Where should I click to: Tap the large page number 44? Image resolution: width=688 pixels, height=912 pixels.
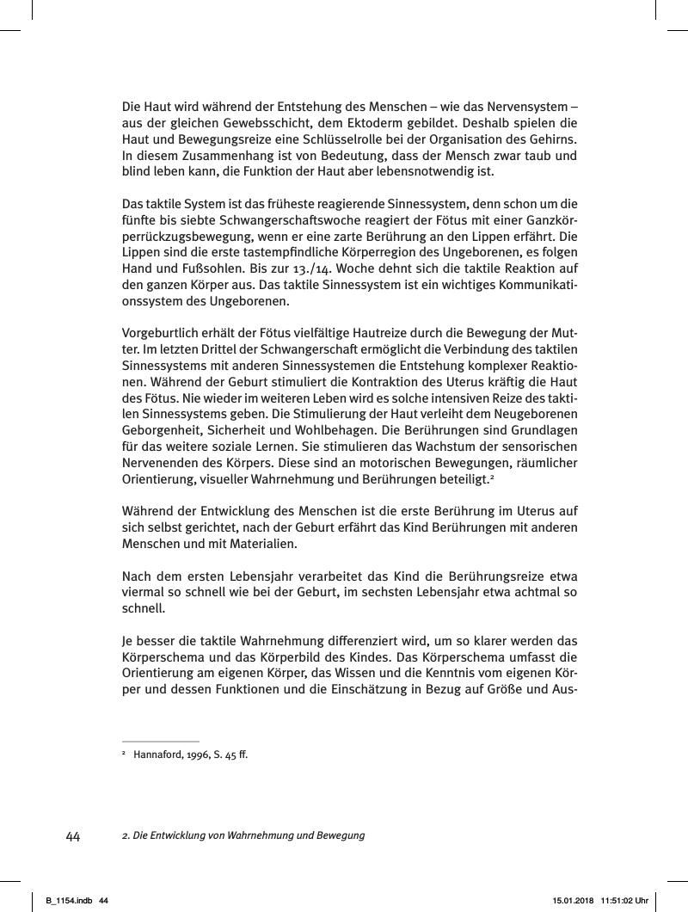click(x=73, y=836)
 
